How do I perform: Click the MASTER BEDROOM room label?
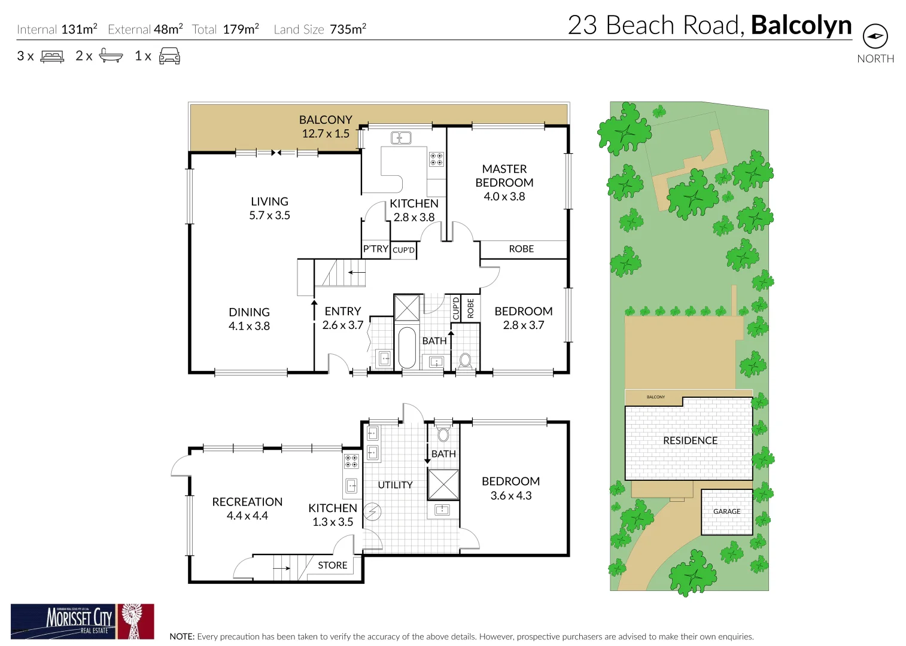pos(504,176)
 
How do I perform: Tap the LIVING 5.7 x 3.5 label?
pos(269,208)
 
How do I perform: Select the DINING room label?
pos(249,312)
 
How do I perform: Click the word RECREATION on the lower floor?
pos(247,502)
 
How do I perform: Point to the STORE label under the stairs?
pos(332,565)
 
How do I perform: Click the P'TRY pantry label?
pos(375,249)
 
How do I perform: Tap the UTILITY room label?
pos(395,485)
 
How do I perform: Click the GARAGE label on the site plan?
pos(726,511)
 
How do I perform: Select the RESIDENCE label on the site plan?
pos(690,441)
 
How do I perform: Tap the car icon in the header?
pos(169,56)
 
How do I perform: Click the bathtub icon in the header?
pos(111,56)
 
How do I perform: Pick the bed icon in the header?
pos(52,56)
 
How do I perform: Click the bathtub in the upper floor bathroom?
pos(406,347)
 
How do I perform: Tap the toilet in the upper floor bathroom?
pos(465,361)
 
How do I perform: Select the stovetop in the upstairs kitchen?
pos(436,159)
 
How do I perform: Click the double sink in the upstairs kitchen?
pos(401,138)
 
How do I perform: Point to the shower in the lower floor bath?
pos(443,484)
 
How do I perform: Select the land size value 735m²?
pos(348,29)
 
